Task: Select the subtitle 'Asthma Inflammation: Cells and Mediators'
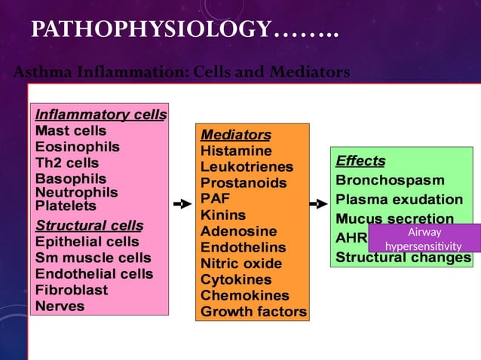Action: coord(182,72)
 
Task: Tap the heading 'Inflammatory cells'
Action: coord(101,114)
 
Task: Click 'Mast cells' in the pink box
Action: coord(71,131)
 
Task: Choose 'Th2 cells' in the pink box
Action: coord(67,163)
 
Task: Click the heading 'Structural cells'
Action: coord(90,225)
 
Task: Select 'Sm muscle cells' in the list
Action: coord(93,258)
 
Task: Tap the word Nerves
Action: coord(60,306)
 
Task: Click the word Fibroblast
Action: coord(72,290)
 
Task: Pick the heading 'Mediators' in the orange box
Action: coord(235,135)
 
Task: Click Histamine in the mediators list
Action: coord(236,151)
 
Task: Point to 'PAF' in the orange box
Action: coord(215,199)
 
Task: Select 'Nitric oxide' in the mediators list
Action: coord(241,264)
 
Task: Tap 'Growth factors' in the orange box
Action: coord(253,311)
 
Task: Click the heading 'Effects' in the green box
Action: coord(360,160)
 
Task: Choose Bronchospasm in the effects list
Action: coord(390,181)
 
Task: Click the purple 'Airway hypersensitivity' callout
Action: coord(424,238)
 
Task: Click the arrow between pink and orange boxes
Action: coord(182,203)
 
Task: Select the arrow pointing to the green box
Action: coord(318,203)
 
